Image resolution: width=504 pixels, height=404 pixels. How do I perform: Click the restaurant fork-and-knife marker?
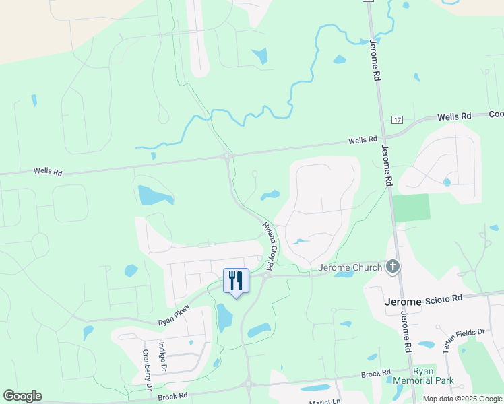click(x=236, y=279)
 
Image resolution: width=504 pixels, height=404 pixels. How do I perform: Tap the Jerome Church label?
click(x=350, y=267)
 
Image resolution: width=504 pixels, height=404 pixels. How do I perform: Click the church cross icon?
click(x=393, y=267)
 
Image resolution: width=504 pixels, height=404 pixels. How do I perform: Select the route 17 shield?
click(x=397, y=120)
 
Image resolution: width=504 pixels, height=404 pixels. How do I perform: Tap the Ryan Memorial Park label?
click(x=433, y=376)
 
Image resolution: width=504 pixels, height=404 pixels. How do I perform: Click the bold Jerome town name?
click(x=402, y=301)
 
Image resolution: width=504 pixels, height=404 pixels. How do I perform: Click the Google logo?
click(x=22, y=396)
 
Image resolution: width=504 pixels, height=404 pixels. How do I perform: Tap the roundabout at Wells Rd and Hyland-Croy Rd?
click(x=228, y=156)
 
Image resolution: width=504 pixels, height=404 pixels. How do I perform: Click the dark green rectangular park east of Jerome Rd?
click(x=411, y=207)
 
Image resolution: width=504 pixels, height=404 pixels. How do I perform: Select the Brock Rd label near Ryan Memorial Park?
click(x=376, y=374)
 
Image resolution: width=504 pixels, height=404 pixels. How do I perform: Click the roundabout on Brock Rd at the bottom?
click(x=249, y=385)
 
